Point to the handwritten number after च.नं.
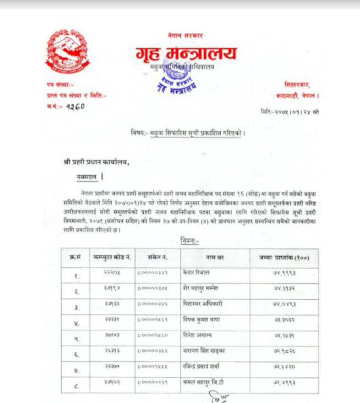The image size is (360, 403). (74, 106)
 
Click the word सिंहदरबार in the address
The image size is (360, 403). (297, 85)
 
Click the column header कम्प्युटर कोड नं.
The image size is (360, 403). (112, 257)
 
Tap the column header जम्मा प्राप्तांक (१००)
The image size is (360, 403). (284, 257)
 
